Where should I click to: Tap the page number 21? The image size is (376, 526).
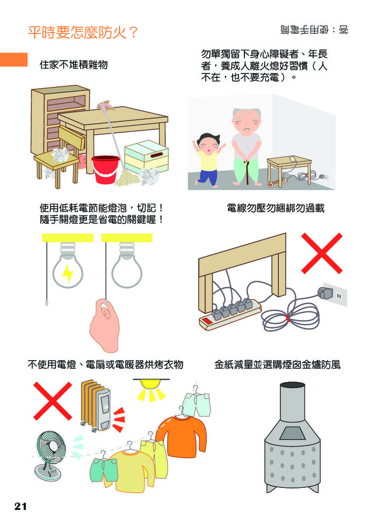point(20,506)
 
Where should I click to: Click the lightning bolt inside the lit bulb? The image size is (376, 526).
point(68,273)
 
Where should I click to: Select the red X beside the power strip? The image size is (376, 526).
point(322,253)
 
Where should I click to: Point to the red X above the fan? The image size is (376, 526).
point(53,401)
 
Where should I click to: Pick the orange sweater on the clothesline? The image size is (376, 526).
point(182,436)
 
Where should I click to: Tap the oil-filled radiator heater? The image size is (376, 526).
point(96,406)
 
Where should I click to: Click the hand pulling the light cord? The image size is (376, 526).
point(105,325)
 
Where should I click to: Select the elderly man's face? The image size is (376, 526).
point(246,121)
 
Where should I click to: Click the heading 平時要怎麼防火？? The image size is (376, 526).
point(83,33)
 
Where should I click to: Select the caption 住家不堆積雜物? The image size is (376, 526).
point(74,64)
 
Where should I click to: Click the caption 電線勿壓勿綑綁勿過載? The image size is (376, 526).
point(276,208)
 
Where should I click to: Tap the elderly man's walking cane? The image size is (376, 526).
point(248,172)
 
